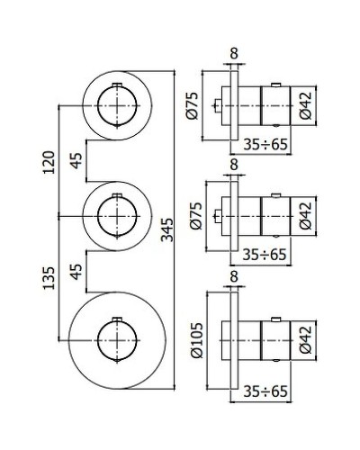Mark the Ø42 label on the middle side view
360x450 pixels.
306,215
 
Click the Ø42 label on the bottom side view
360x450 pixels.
306,340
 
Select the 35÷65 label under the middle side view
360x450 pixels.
265,255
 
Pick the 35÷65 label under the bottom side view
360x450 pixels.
265,392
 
